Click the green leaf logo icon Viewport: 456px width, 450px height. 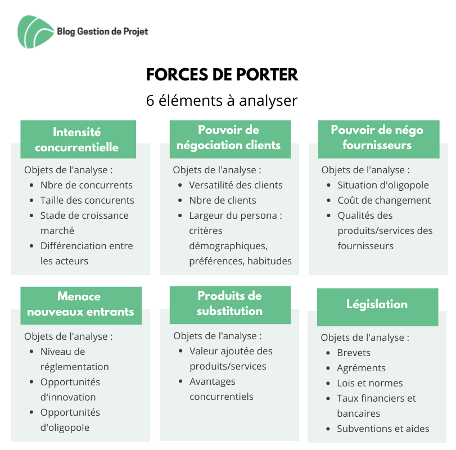[x=35, y=31]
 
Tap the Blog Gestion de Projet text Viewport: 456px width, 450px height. [x=102, y=31]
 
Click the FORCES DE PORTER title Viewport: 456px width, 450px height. [x=222, y=74]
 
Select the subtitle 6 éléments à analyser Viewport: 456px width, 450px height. [x=222, y=101]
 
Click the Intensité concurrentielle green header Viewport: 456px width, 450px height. [x=78, y=139]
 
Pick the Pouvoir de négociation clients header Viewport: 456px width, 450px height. [x=230, y=139]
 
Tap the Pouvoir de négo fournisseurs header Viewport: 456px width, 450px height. [x=378, y=139]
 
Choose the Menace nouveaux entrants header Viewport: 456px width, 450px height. [x=81, y=306]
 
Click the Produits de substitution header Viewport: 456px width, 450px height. [x=230, y=305]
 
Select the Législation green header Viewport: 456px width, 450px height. [x=377, y=307]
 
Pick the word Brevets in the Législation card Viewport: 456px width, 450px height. [x=354, y=353]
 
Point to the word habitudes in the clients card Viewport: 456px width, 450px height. [x=269, y=261]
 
